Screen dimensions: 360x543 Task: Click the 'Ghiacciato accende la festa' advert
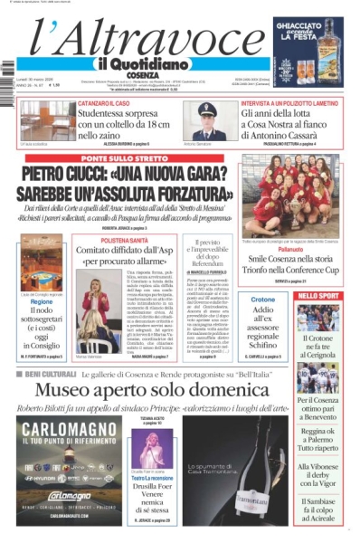click(x=308, y=50)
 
